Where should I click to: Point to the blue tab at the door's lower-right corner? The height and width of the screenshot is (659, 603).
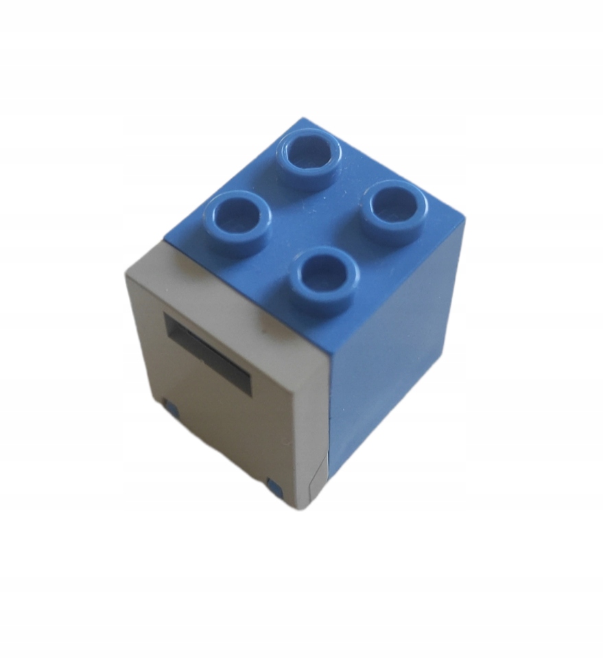[x=276, y=488]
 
